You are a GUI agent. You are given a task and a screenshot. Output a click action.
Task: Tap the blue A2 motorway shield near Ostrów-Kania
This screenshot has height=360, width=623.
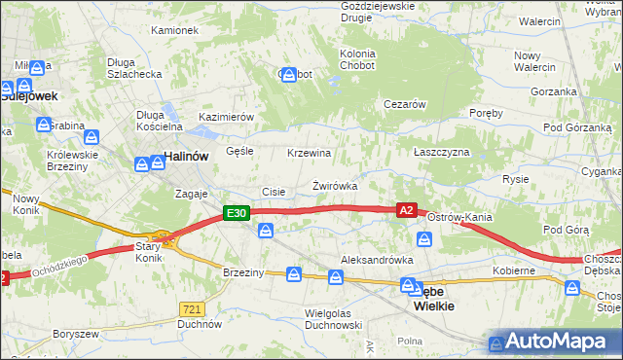[x=407, y=209]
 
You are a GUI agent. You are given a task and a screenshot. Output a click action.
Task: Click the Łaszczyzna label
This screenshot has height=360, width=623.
[x=441, y=153]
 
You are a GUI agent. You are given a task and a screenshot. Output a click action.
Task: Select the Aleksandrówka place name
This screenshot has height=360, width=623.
[x=377, y=260]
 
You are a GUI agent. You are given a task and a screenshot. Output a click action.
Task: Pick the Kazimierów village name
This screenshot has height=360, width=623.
[x=226, y=117]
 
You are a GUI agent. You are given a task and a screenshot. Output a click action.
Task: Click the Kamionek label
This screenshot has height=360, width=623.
[x=174, y=30]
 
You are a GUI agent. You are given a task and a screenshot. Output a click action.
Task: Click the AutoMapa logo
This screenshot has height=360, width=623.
[x=554, y=342]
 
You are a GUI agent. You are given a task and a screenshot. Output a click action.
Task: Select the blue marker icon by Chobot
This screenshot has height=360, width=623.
[x=288, y=75]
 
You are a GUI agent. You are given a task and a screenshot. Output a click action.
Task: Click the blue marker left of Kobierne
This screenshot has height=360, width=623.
[x=425, y=239]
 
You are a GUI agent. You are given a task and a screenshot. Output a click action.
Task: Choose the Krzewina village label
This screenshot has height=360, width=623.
[x=310, y=153]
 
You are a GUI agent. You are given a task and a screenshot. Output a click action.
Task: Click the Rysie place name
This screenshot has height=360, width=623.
[x=515, y=179]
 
